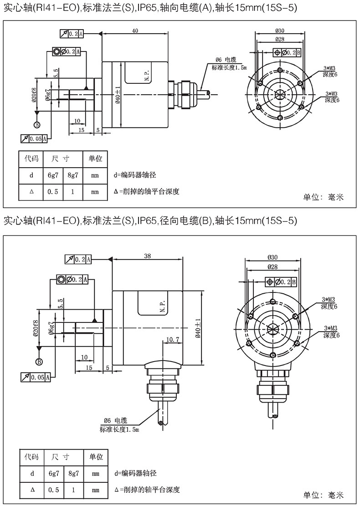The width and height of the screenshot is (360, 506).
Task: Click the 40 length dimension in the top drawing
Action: click(135, 31)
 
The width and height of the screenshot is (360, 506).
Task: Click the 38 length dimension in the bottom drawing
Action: click(147, 256)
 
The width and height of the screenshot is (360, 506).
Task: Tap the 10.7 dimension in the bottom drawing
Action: click(172, 339)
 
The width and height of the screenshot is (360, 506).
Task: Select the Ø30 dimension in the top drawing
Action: click(280, 31)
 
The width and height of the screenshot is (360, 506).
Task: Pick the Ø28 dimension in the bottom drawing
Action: click(273, 267)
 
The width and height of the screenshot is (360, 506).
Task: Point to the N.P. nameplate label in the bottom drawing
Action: click(162, 306)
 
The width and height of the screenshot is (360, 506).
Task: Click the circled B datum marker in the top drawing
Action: click(37, 125)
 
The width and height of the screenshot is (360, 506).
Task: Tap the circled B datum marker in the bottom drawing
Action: click(39, 362)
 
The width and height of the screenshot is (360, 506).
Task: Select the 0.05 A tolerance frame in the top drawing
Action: click(34, 138)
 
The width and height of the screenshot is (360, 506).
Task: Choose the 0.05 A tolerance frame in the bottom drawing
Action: click(36, 377)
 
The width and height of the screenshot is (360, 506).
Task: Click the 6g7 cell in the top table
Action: click(53, 175)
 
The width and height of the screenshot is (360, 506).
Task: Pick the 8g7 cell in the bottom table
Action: click(73, 473)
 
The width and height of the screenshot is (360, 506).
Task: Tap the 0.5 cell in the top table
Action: click(53, 192)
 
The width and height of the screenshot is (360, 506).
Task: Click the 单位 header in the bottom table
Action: click(96, 457)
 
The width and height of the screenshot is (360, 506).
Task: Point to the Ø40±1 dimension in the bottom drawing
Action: click(198, 328)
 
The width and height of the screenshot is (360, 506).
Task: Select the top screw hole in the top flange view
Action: click(280, 71)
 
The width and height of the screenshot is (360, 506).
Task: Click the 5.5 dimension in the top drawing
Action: click(56, 73)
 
